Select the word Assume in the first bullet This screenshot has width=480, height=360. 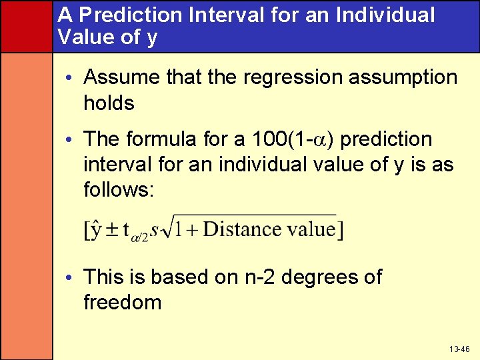tap(122, 77)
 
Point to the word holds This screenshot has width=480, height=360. tap(109, 103)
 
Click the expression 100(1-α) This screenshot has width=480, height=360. tap(295, 139)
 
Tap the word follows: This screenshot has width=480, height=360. tap(119, 191)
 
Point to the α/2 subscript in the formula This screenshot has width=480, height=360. tap(140, 237)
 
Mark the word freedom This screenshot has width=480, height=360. tap(122, 303)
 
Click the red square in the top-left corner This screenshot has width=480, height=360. tap(26, 26)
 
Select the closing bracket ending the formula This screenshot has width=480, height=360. tap(341, 231)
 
